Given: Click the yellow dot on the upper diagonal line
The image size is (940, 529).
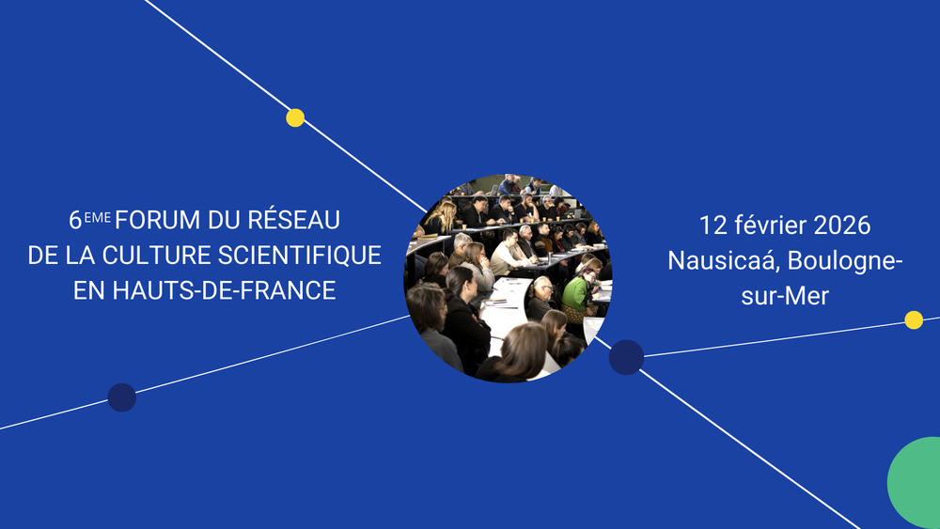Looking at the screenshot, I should point(295,117).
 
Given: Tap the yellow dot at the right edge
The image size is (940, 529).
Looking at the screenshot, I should point(913,319).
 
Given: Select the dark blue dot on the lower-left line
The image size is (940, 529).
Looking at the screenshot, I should point(121,397).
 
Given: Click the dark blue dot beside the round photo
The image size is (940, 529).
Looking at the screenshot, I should point(626,357).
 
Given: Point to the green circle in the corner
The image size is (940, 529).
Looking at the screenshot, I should point(916,483).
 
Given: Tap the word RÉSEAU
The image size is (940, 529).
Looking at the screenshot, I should point(292,220).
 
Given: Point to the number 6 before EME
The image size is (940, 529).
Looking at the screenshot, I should point(75,221).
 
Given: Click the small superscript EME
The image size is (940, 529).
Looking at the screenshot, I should point(98,216).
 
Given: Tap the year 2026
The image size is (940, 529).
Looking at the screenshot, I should point(842,226).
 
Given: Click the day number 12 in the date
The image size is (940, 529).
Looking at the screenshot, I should point(712,226).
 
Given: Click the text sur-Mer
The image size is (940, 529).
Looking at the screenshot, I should point(785,295).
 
